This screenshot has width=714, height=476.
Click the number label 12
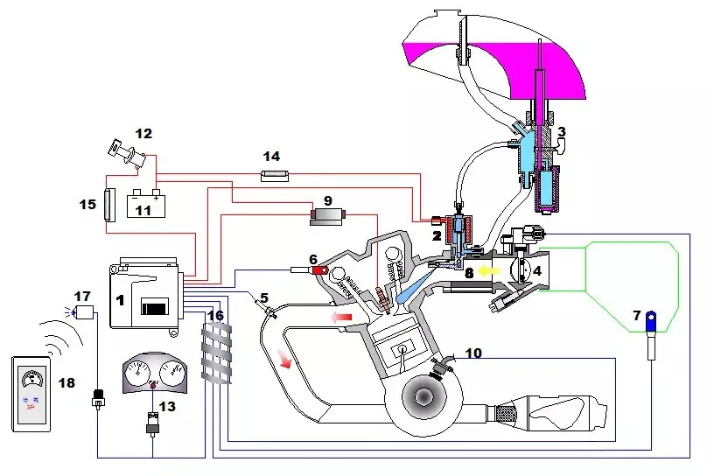(143, 134)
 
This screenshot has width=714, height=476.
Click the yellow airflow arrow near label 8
(488, 272)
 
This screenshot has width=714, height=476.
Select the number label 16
(215, 315)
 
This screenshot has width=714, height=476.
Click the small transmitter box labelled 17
(85, 311)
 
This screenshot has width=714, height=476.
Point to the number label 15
(87, 204)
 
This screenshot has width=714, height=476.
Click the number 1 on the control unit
(119, 299)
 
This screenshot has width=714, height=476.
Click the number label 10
(472, 354)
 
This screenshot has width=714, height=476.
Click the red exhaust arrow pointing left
(342, 314)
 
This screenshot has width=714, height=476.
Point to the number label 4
(536, 271)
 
